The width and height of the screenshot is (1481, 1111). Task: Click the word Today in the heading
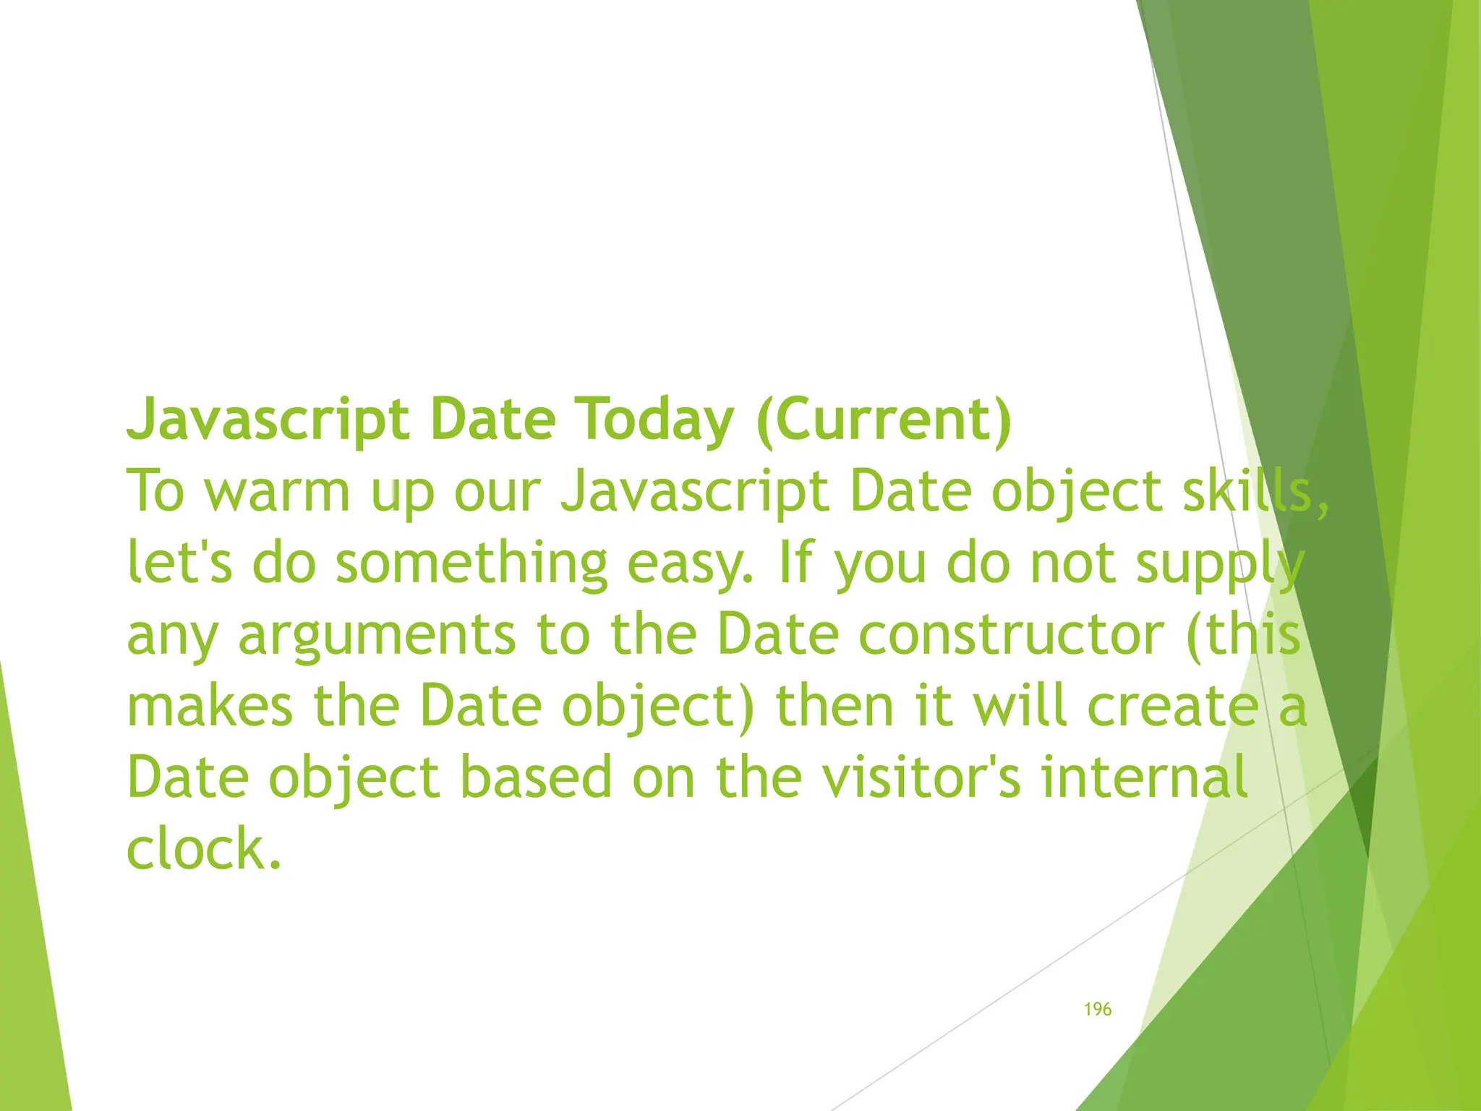click(654, 420)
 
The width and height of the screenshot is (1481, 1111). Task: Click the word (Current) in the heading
click(884, 420)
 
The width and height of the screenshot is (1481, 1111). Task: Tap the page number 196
click(1097, 1009)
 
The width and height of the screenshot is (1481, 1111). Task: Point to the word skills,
click(1255, 491)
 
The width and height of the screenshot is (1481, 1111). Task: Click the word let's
click(179, 563)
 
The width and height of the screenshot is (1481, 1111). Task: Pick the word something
click(471, 563)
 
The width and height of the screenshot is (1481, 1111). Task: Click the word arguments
click(376, 634)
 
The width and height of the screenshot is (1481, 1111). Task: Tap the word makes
click(210, 706)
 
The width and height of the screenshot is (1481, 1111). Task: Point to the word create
click(1173, 706)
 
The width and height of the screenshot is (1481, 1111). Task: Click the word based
click(536, 777)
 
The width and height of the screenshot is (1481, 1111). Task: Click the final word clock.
click(203, 848)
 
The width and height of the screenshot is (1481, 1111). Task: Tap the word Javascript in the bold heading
click(268, 420)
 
